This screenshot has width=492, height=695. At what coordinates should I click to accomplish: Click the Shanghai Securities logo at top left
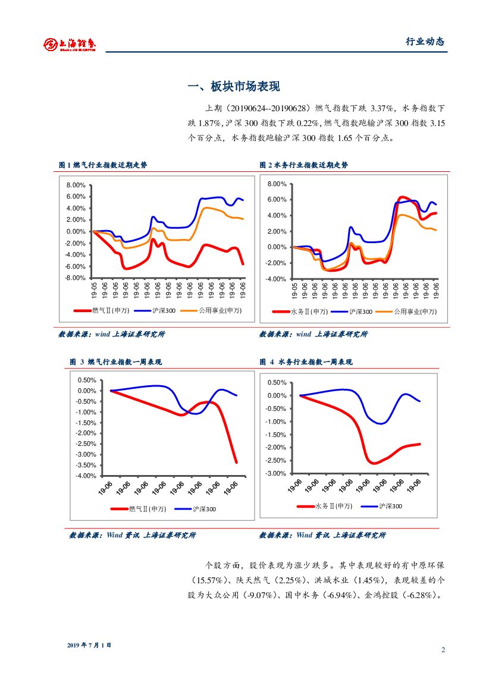[x=70, y=43]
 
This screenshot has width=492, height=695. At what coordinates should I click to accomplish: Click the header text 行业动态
[x=425, y=42]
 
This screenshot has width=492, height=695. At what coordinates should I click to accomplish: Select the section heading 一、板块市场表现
[x=233, y=87]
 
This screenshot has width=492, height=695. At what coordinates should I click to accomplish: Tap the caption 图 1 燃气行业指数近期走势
[x=102, y=165]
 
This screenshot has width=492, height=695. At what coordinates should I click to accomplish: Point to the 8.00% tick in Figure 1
[x=76, y=185]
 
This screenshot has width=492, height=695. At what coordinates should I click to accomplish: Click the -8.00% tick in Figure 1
[x=75, y=278]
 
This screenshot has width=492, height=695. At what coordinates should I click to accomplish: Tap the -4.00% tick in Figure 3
[x=86, y=476]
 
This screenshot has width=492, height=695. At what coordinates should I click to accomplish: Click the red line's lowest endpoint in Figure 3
[x=236, y=462]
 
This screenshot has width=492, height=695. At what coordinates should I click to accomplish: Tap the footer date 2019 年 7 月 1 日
[x=89, y=645]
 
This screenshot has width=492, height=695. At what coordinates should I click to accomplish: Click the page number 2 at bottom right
[x=443, y=650]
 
